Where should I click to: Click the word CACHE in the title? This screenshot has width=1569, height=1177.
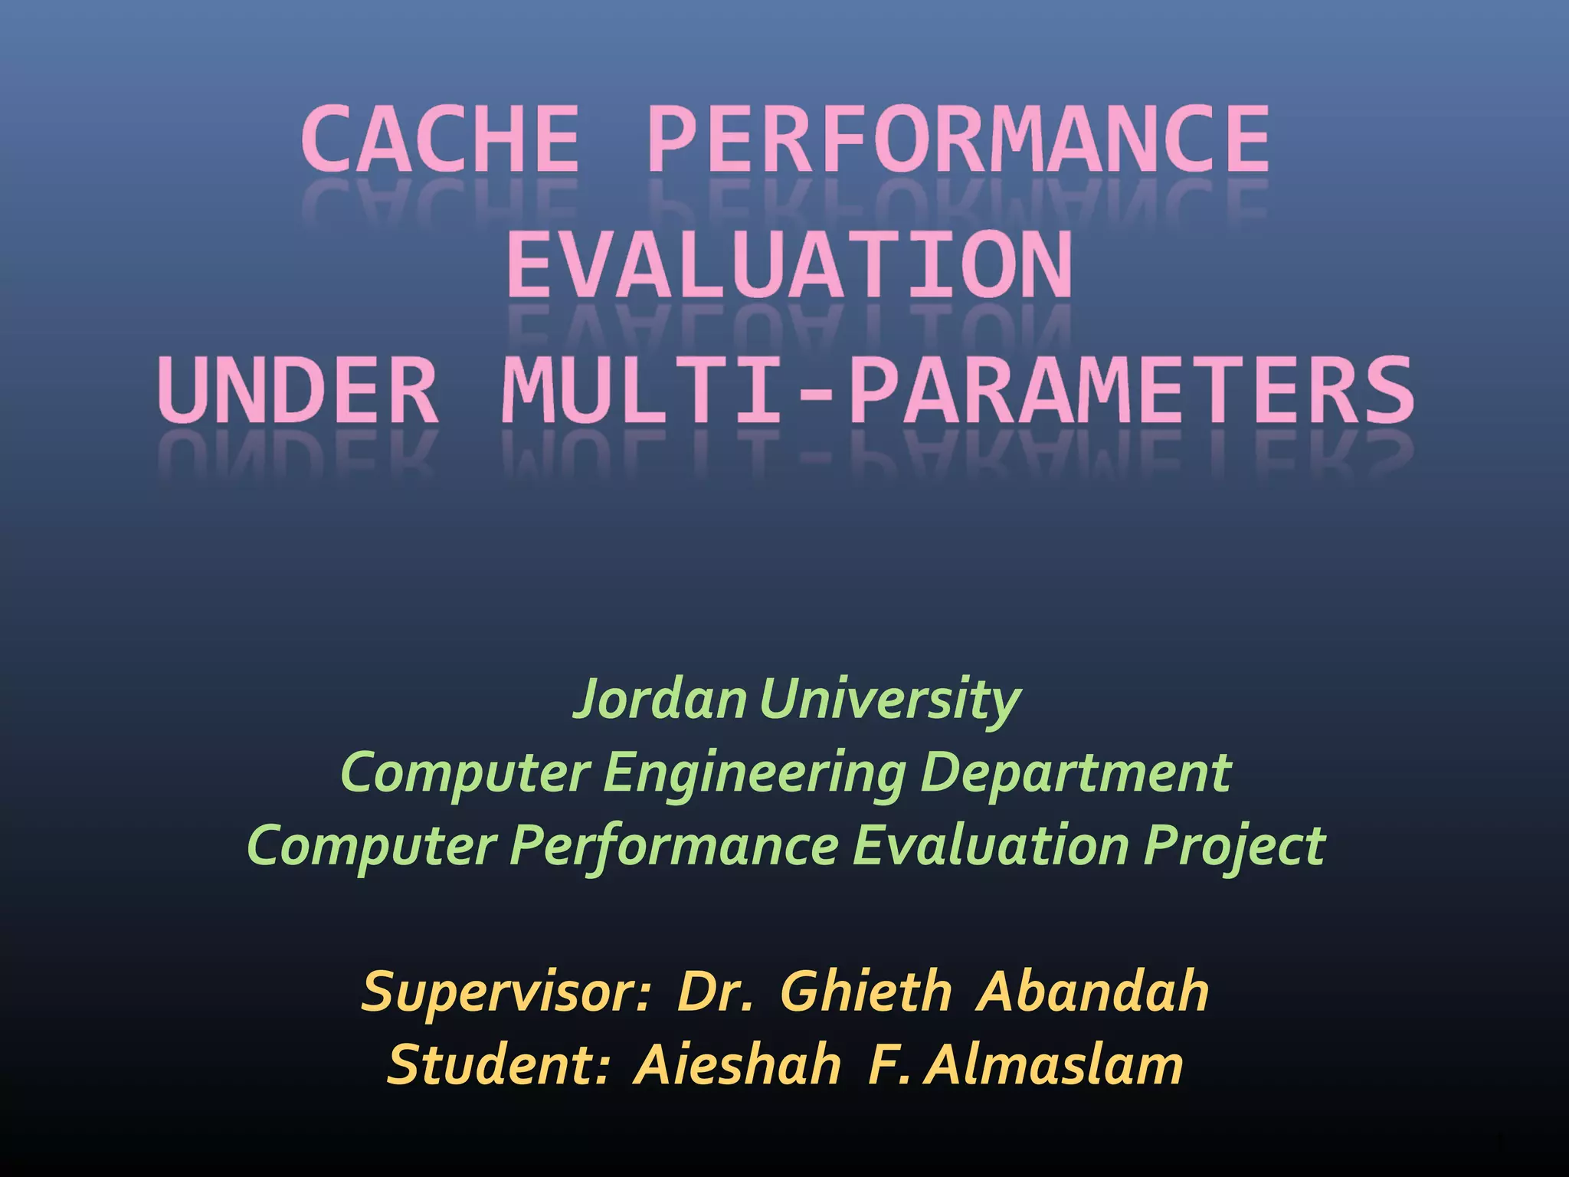[440, 140]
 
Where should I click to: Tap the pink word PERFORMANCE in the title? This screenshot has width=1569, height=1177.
[958, 140]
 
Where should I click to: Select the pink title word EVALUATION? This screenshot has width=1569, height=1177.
[789, 265]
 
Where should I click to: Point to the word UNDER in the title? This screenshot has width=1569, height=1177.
[299, 391]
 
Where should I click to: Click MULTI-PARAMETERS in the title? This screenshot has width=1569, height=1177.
[958, 391]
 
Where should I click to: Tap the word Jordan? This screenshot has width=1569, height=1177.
[660, 699]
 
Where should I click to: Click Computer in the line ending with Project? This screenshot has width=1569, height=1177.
[371, 846]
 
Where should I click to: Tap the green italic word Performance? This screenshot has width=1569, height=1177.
[674, 846]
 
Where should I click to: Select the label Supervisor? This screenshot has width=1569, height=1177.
[506, 992]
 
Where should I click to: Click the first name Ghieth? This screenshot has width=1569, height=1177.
[866, 992]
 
